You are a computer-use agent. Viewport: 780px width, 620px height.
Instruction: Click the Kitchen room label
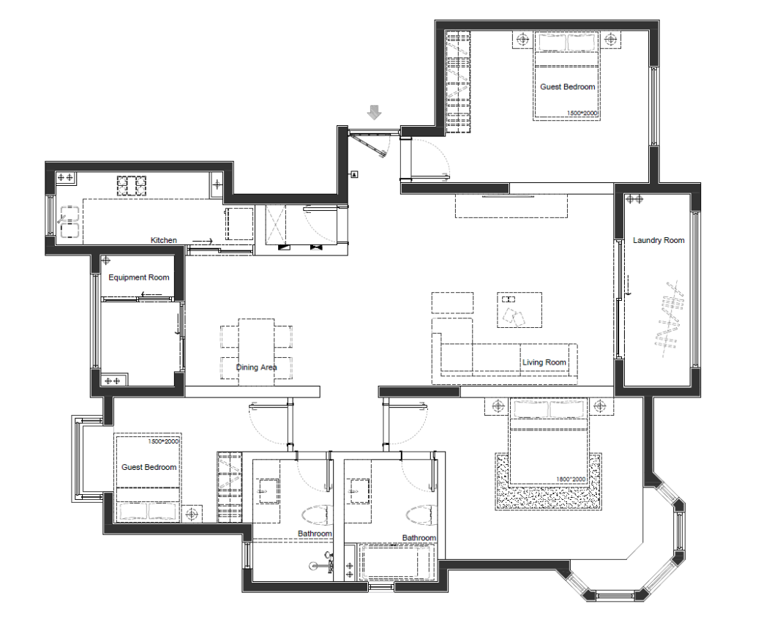click(164, 240)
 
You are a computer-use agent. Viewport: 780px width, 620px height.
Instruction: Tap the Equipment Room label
click(139, 277)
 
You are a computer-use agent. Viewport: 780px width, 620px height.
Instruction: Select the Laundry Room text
click(659, 240)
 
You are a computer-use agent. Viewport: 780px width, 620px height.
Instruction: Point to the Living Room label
click(544, 362)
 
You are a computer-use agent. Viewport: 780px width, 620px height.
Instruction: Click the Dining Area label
click(256, 367)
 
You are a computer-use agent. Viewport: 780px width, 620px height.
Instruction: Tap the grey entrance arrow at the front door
click(374, 113)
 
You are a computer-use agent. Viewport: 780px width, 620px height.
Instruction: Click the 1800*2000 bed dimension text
click(571, 479)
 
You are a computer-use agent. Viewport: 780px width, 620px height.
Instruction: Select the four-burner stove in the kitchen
click(132, 186)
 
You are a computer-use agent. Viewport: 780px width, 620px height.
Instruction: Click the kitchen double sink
click(70, 221)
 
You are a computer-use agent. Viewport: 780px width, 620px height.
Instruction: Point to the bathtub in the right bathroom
click(397, 561)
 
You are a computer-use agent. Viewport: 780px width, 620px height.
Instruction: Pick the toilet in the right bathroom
click(421, 515)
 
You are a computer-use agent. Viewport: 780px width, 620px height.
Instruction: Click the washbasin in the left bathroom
click(267, 490)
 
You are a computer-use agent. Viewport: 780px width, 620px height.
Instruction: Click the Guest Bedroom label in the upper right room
click(568, 86)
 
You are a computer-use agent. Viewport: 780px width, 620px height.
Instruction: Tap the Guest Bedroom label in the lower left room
click(149, 467)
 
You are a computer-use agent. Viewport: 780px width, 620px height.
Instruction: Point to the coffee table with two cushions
click(520, 310)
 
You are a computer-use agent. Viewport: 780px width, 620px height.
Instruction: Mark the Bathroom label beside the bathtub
click(419, 538)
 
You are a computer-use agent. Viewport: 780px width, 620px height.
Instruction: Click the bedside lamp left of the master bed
click(497, 406)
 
